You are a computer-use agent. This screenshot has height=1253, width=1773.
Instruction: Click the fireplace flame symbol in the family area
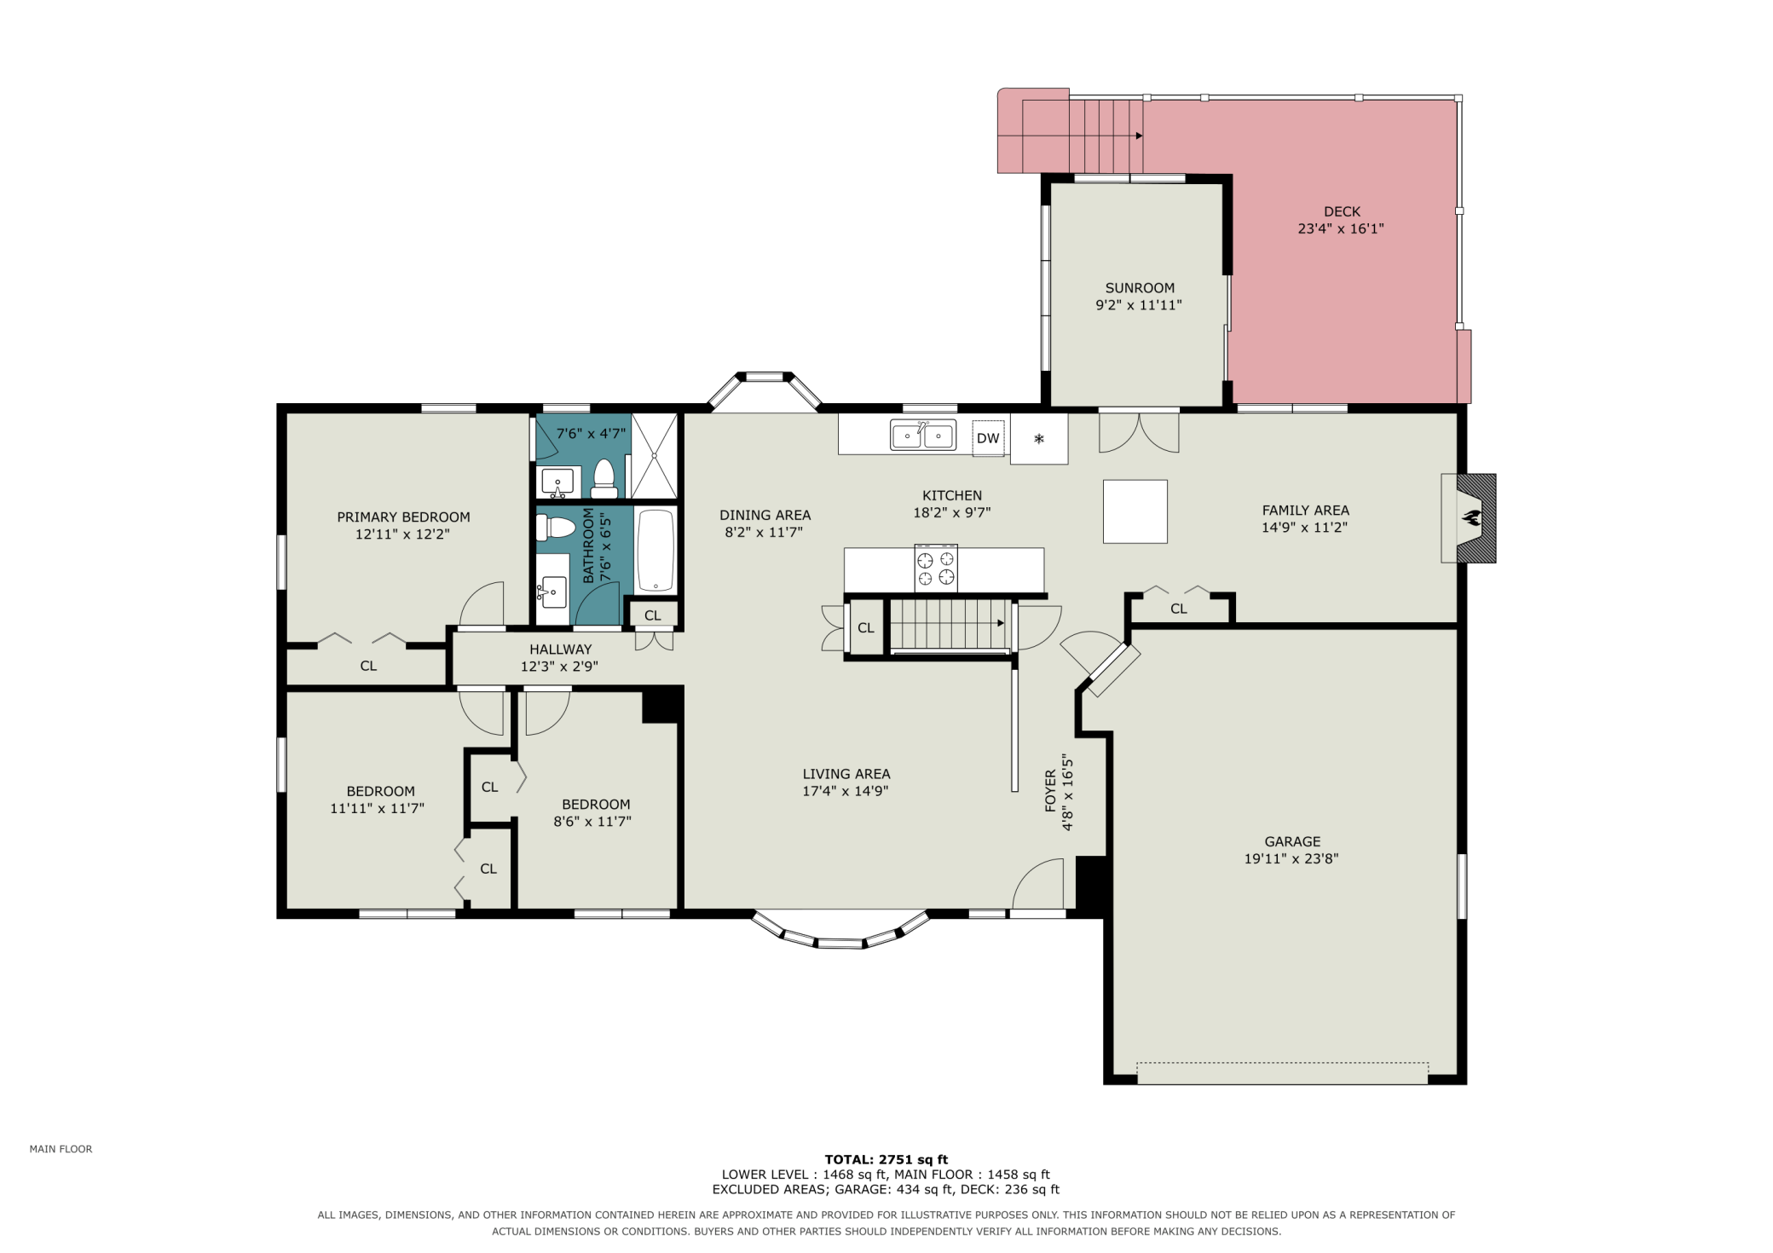click(1471, 517)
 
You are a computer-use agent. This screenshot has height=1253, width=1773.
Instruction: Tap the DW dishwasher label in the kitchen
click(988, 438)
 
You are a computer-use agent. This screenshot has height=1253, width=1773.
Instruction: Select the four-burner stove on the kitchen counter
click(936, 568)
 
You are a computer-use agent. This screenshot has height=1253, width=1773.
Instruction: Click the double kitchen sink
click(923, 435)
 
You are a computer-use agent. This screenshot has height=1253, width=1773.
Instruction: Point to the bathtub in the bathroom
click(655, 550)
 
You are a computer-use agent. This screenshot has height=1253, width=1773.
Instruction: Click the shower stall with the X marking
click(654, 456)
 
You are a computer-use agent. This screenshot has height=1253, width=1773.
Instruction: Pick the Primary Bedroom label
click(403, 517)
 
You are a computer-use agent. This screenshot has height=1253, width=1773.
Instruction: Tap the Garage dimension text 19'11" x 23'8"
click(1291, 858)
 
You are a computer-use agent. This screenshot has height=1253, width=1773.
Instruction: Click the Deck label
click(1342, 211)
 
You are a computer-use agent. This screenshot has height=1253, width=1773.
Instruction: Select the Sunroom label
click(1140, 288)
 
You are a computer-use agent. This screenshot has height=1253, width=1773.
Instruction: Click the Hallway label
click(560, 650)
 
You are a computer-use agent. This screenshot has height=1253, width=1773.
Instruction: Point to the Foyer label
click(1050, 790)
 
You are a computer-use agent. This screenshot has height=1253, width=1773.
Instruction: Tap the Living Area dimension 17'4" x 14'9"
click(846, 791)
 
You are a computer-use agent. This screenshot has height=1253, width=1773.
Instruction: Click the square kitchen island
click(1135, 511)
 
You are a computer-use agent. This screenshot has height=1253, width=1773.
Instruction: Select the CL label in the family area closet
click(1179, 609)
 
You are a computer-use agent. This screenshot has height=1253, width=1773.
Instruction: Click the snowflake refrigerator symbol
click(1039, 439)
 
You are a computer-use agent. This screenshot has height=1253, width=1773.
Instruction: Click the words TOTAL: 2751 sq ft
click(886, 1159)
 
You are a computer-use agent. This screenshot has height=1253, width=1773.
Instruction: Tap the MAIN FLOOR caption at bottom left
click(61, 1149)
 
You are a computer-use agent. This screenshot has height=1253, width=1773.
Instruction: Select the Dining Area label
click(765, 515)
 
